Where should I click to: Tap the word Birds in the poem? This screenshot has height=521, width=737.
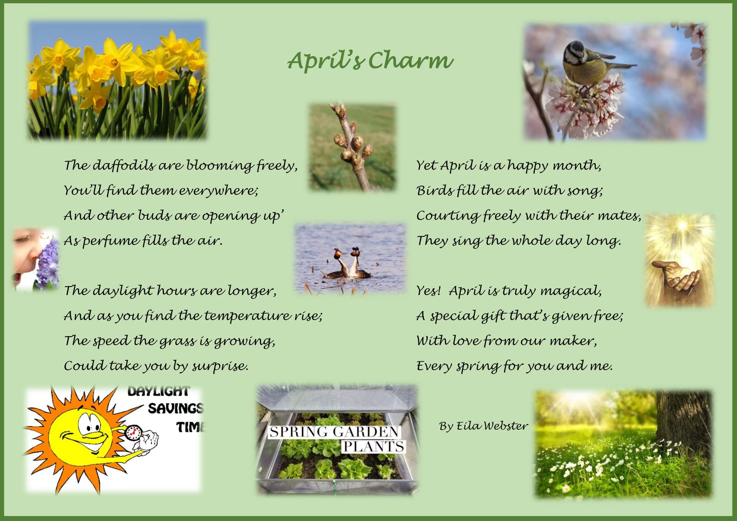[435, 190]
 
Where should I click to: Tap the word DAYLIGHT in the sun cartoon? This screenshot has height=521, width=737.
[159, 391]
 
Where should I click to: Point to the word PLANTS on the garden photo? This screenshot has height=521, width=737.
[373, 446]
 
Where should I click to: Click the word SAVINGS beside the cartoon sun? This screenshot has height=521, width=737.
[175, 408]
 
